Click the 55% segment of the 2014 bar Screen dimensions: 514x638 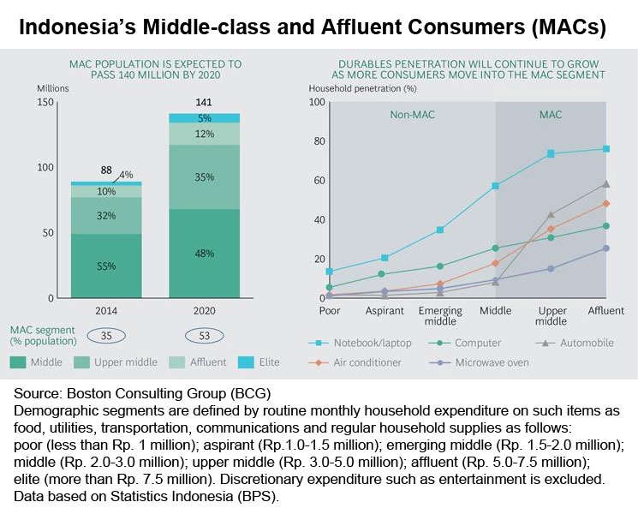point(106,266)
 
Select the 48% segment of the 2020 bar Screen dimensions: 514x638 point(204,254)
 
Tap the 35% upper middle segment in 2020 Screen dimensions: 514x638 point(204,177)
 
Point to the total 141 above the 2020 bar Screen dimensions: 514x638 point(204,104)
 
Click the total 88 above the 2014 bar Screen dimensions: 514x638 point(106,170)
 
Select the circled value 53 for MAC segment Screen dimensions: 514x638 point(204,335)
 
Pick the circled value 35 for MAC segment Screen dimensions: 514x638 point(106,335)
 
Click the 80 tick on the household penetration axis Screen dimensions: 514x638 point(316,141)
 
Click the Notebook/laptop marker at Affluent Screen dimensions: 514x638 point(605,149)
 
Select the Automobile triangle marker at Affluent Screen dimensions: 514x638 point(605,183)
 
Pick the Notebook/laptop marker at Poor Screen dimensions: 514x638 point(331,272)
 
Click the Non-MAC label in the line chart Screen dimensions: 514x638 point(411,114)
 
